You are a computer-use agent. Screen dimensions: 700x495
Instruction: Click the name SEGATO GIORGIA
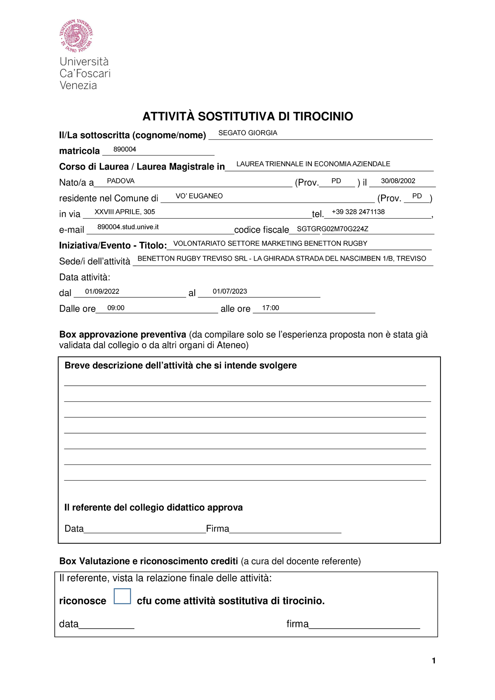(247, 133)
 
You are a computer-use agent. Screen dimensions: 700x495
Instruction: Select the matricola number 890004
(125, 149)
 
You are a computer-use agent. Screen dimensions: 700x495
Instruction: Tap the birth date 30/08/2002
(398, 181)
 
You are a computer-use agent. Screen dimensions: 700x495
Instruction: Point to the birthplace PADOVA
(120, 181)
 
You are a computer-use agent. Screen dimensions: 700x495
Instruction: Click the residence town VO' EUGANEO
(199, 196)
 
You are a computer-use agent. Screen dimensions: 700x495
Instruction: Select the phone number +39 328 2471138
(358, 212)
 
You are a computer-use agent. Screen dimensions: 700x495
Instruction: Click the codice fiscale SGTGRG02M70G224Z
(332, 229)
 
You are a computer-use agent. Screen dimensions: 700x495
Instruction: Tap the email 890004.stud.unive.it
(128, 227)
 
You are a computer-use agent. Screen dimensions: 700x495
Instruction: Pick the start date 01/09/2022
(102, 292)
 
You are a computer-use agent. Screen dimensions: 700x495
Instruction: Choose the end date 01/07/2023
(230, 292)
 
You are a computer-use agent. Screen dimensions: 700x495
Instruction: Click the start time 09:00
(115, 308)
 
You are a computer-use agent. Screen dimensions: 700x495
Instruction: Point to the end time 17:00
(271, 308)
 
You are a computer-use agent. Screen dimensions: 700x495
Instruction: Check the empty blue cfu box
(122, 596)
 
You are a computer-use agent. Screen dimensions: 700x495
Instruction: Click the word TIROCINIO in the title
(323, 117)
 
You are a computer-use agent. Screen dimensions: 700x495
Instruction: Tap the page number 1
(434, 661)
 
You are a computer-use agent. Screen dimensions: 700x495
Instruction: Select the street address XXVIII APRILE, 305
(125, 212)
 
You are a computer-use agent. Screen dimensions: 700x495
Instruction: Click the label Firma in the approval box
(217, 529)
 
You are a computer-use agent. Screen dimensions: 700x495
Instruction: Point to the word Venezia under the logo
(78, 86)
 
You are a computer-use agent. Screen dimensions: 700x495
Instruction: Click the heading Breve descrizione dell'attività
(180, 366)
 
